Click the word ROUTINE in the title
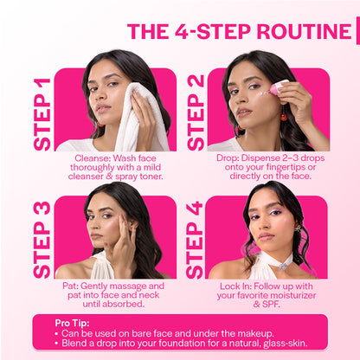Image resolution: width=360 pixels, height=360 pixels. point(304,31)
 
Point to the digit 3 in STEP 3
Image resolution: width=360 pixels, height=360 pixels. point(42,209)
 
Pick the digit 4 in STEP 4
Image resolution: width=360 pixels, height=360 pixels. point(195,208)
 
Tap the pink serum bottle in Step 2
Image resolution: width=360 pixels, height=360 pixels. point(278,87)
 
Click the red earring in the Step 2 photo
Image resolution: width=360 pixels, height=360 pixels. point(284,116)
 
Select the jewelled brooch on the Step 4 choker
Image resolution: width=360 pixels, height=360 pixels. point(283,267)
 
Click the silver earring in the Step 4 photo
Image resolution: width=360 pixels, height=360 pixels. point(297,228)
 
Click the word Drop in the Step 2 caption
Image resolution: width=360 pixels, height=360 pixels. point(228,158)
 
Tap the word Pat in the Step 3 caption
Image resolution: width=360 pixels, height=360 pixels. point(70,286)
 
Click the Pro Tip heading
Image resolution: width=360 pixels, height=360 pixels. point(72,323)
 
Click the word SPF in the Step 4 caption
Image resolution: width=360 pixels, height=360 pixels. point(271,304)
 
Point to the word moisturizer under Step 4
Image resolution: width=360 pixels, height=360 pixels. point(292,295)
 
